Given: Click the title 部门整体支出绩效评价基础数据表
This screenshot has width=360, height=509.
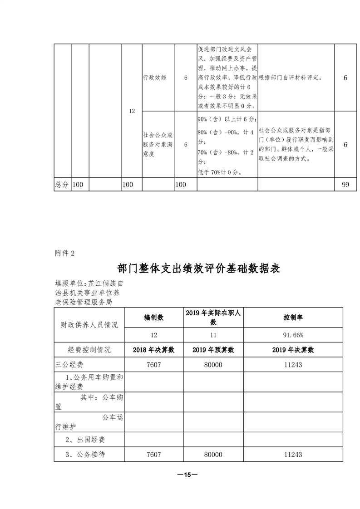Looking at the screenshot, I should click(x=199, y=268).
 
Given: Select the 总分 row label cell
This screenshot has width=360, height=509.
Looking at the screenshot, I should click(x=62, y=184).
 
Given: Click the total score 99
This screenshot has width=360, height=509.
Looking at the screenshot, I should click(x=345, y=184).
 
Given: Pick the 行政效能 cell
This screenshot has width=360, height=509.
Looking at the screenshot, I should click(x=154, y=78).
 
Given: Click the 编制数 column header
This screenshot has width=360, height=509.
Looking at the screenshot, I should click(x=154, y=318).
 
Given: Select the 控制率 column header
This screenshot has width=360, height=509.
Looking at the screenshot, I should click(x=293, y=318).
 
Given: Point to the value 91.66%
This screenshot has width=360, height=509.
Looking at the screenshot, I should click(x=293, y=335).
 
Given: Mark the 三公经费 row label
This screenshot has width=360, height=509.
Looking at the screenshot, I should click(x=69, y=364).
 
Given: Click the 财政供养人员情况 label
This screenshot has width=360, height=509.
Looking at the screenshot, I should click(x=89, y=325).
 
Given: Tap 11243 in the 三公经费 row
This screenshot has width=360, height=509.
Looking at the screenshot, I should click(x=293, y=364).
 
